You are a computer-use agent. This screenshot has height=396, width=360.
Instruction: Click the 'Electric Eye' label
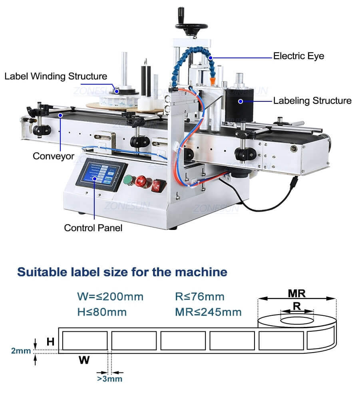(x=298, y=56)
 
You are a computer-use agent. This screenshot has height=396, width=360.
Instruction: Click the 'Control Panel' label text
(x=93, y=228)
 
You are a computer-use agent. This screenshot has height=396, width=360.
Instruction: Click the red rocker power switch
(x=158, y=184)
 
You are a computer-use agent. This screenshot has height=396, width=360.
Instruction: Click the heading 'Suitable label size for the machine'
(x=122, y=272)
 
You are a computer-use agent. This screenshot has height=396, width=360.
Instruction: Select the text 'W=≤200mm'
(x=110, y=297)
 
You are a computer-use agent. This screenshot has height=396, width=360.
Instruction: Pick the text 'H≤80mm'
(x=102, y=312)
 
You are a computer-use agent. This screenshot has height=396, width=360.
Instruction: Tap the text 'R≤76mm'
(x=199, y=297)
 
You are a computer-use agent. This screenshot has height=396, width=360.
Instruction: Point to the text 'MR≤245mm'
(x=208, y=312)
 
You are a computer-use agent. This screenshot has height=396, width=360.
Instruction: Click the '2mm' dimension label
(x=21, y=351)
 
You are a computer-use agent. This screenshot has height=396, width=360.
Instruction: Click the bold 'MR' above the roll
(x=296, y=293)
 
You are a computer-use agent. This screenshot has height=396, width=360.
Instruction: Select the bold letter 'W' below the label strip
(x=84, y=360)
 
